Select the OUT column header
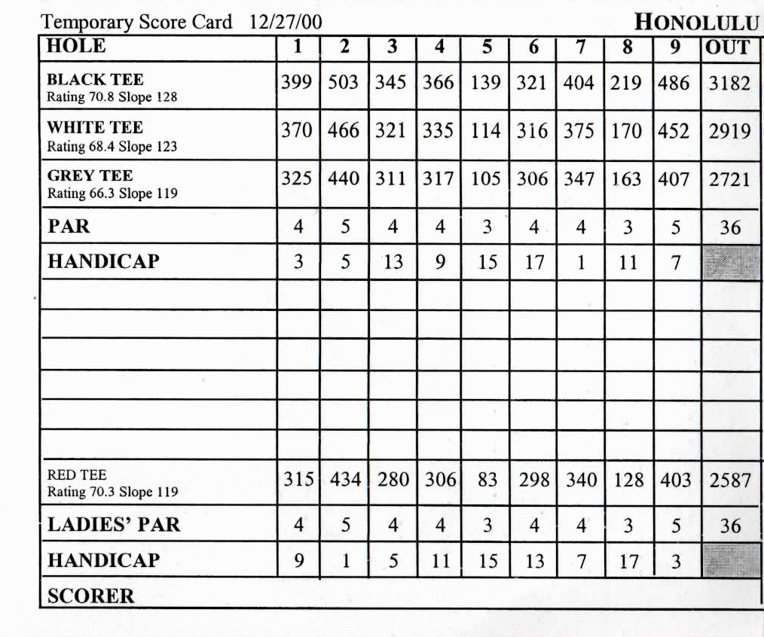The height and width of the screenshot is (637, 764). pos(729,47)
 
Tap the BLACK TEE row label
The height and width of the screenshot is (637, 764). pos(95,79)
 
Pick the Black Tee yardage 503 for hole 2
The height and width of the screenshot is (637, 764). pos(344,83)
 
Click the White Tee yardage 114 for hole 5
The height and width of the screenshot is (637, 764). pos(486,131)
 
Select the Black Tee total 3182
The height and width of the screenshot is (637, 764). pos(729,83)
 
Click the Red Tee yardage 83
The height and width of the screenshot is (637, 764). pos(487,480)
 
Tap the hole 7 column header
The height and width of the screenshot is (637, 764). pos(580,47)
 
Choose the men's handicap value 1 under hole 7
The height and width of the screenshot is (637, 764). pos(580,262)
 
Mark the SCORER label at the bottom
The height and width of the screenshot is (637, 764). pos(91,596)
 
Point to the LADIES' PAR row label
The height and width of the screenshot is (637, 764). pos(114,524)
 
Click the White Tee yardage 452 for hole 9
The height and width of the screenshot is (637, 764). pos(674,131)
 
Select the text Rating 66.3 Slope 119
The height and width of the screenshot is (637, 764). pos(112,194)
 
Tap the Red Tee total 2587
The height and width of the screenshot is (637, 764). pos(729,480)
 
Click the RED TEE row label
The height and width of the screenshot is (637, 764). pos(77,475)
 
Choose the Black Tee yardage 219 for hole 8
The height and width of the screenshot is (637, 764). pos(627,83)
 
